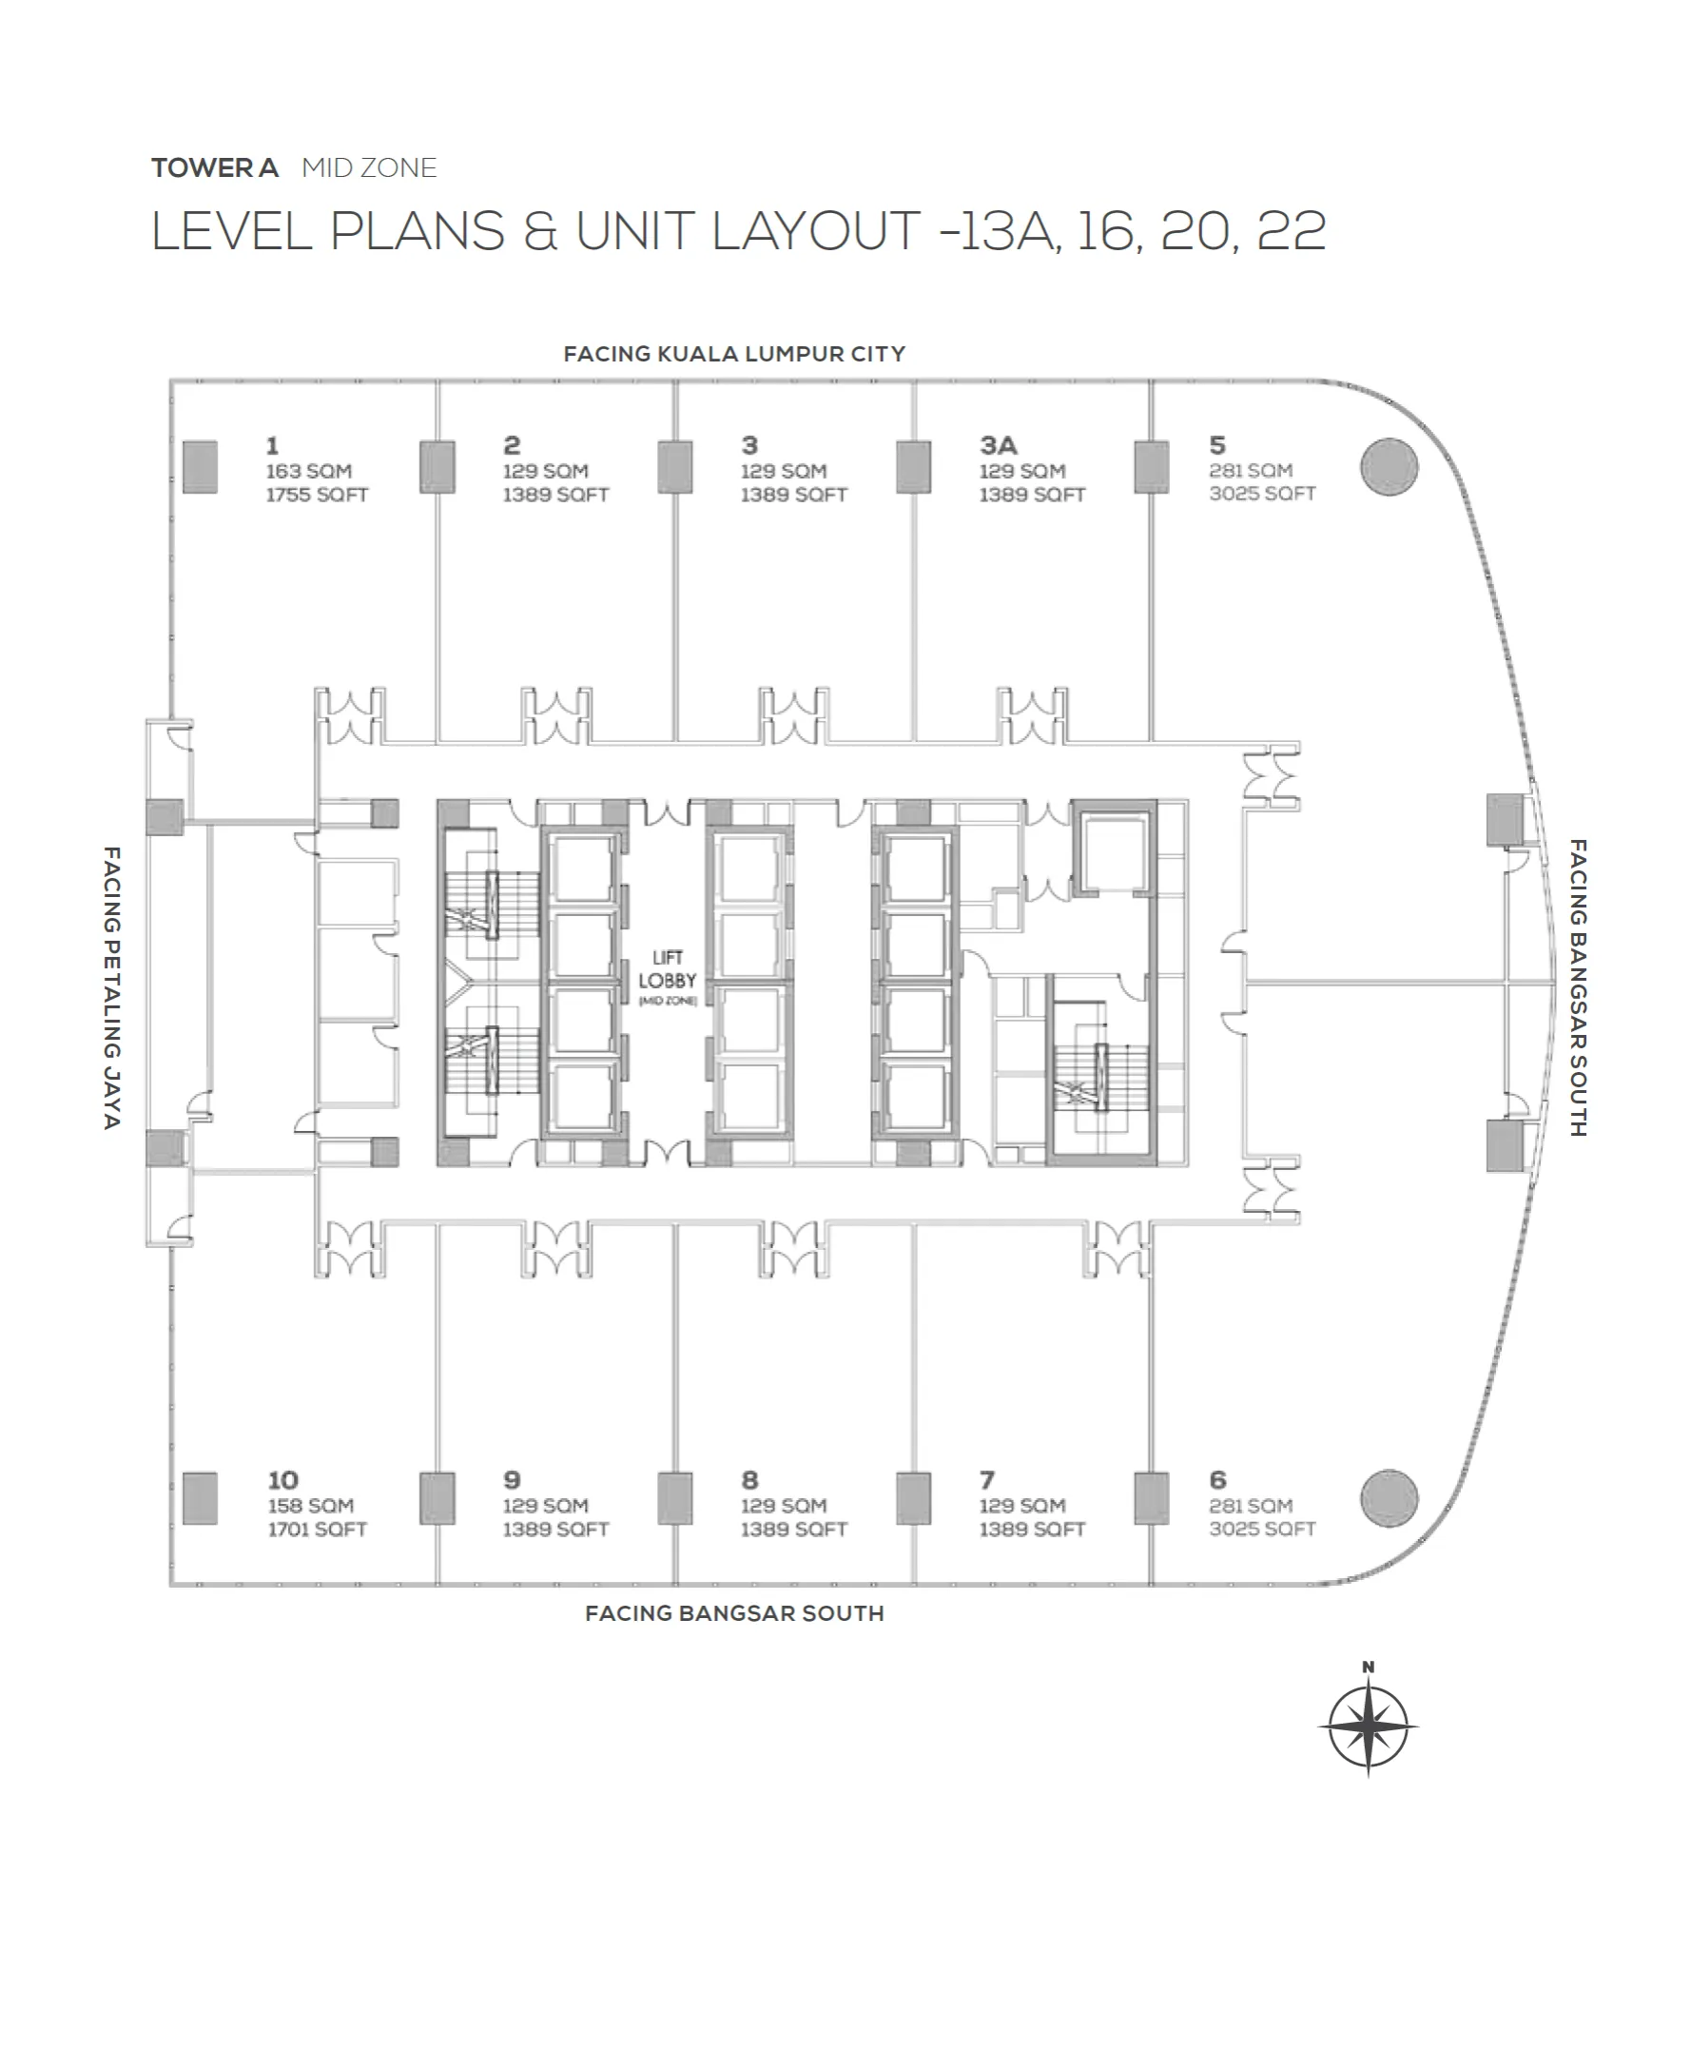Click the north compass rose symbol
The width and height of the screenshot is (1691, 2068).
tap(1368, 1727)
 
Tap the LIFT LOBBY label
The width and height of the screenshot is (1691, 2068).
tap(668, 969)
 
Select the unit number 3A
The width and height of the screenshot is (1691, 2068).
tap(999, 445)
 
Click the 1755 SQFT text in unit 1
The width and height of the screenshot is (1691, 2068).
tap(317, 495)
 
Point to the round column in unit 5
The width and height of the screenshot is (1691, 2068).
tap(1389, 467)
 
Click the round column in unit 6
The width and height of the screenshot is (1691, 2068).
tap(1389, 1497)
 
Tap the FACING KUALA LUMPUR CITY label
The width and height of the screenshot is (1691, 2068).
tap(734, 354)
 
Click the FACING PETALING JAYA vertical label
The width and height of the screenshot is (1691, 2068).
tap(112, 986)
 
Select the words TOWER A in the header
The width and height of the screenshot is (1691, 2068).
tap(215, 167)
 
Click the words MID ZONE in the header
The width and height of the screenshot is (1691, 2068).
tap(369, 167)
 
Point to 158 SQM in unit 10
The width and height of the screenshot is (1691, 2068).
tap(311, 1505)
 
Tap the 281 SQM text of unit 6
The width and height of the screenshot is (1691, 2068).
tap(1251, 1505)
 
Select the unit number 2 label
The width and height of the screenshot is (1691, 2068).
tap(512, 445)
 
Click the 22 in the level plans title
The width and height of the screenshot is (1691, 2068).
tap(1291, 231)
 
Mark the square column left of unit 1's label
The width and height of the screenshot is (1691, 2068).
tap(200, 467)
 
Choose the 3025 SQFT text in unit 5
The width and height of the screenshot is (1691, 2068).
tap(1262, 494)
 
